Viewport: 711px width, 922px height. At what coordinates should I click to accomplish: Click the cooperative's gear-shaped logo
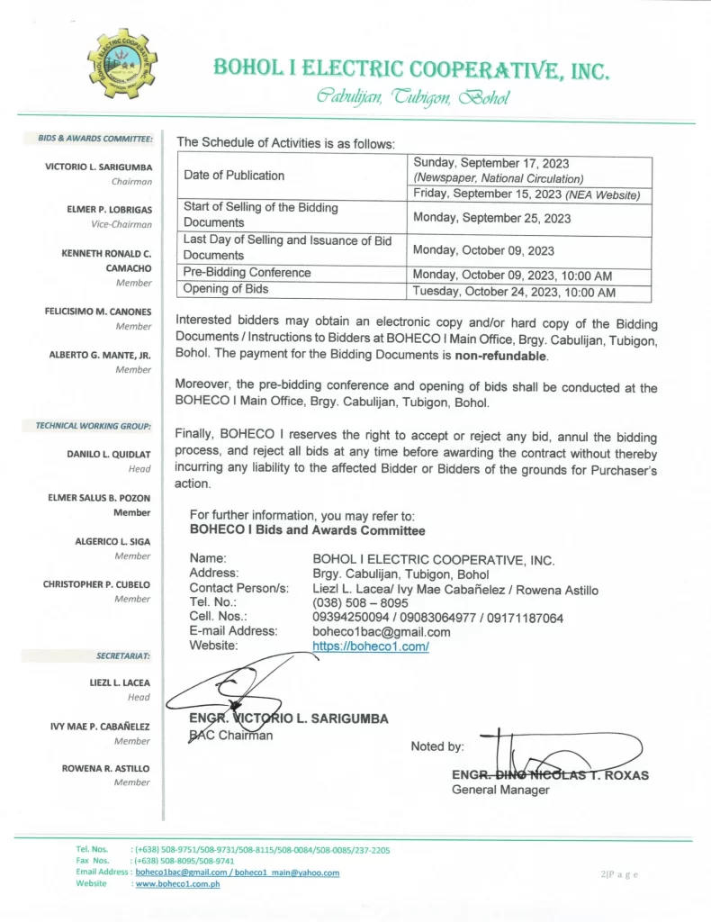coord(121,64)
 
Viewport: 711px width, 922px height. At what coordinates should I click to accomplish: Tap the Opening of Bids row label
coord(226,289)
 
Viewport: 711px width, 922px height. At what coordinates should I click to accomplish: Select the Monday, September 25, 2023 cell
coord(491,218)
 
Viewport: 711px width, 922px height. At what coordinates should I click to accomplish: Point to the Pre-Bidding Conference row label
coord(247,272)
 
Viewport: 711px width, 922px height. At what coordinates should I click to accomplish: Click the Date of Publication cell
coord(234,176)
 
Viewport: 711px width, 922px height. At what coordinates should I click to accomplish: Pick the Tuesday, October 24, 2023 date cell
coord(514,293)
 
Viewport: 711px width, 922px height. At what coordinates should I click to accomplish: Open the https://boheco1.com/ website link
coord(370,646)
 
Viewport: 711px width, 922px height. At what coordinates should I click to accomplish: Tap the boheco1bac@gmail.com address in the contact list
coord(381,631)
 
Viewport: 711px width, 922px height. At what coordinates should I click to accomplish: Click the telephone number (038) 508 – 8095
coord(360,602)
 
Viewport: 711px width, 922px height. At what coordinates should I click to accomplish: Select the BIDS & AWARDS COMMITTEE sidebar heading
coord(95,139)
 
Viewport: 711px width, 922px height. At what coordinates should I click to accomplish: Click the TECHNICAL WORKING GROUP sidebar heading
coord(93,425)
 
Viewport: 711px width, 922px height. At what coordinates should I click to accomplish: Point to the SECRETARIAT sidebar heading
coord(123,655)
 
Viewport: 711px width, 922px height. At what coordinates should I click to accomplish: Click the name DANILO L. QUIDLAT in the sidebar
coord(109,454)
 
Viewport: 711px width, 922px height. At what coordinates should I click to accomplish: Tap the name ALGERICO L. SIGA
coord(112,541)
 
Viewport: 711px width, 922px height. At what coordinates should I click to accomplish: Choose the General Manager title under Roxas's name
coord(499,790)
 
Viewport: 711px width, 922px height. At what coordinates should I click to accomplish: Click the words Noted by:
coord(437,746)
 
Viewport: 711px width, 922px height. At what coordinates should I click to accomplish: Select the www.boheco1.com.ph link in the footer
coord(177,883)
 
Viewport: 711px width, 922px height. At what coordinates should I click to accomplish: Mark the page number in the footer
coord(619,874)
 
